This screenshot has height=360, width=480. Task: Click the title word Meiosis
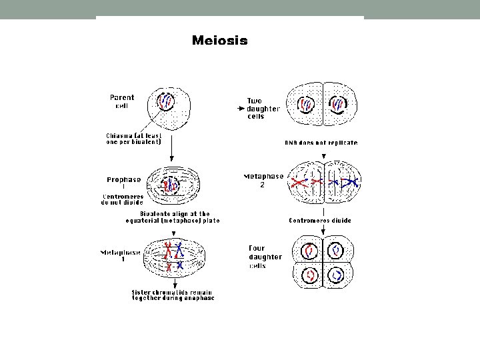coord(219,41)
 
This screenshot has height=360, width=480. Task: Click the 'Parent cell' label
coord(121,101)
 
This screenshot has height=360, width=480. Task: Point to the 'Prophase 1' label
coord(124,182)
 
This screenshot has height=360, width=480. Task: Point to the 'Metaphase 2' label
coord(264,180)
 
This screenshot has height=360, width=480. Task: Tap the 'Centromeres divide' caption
coord(319,220)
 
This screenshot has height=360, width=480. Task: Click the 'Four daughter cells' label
coord(264,257)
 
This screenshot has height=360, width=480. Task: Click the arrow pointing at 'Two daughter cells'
coord(242,107)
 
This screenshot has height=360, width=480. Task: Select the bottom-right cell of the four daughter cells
coord(338,274)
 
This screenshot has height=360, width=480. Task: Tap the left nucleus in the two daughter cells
coord(307,104)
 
